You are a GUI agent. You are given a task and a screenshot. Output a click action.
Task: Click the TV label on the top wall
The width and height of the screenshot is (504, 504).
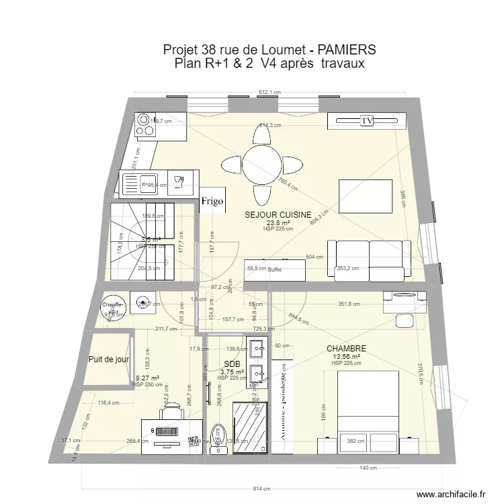click(366, 121)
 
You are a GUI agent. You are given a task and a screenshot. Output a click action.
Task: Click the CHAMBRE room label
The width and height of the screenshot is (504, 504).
click(346, 349)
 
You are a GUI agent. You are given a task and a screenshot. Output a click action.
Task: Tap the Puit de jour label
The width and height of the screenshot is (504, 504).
click(108, 360)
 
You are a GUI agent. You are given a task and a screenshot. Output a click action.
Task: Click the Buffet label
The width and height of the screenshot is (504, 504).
click(274, 269)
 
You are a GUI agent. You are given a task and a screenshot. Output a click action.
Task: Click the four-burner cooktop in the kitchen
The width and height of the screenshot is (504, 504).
click(145, 125)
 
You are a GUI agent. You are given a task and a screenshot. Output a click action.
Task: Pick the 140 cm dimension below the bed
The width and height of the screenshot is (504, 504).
click(366, 468)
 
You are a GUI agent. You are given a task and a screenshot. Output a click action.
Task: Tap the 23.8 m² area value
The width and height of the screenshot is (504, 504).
click(278, 222)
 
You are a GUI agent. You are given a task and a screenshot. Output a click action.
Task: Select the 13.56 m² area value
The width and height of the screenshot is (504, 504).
click(346, 357)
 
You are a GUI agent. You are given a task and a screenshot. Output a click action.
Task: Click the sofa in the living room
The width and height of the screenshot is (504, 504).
click(368, 259)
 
